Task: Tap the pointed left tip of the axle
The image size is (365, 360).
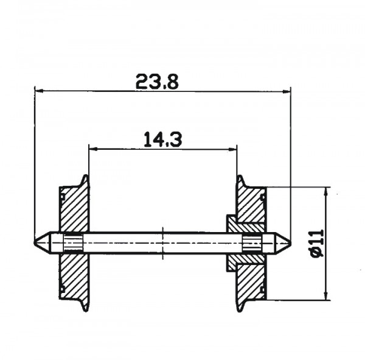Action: click(x=35, y=243)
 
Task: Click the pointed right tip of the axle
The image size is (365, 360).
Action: click(x=291, y=243)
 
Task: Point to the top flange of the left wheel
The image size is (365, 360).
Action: click(x=85, y=181)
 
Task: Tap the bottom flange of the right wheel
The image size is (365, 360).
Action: click(x=241, y=305)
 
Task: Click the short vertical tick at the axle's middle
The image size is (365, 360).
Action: click(x=163, y=243)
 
